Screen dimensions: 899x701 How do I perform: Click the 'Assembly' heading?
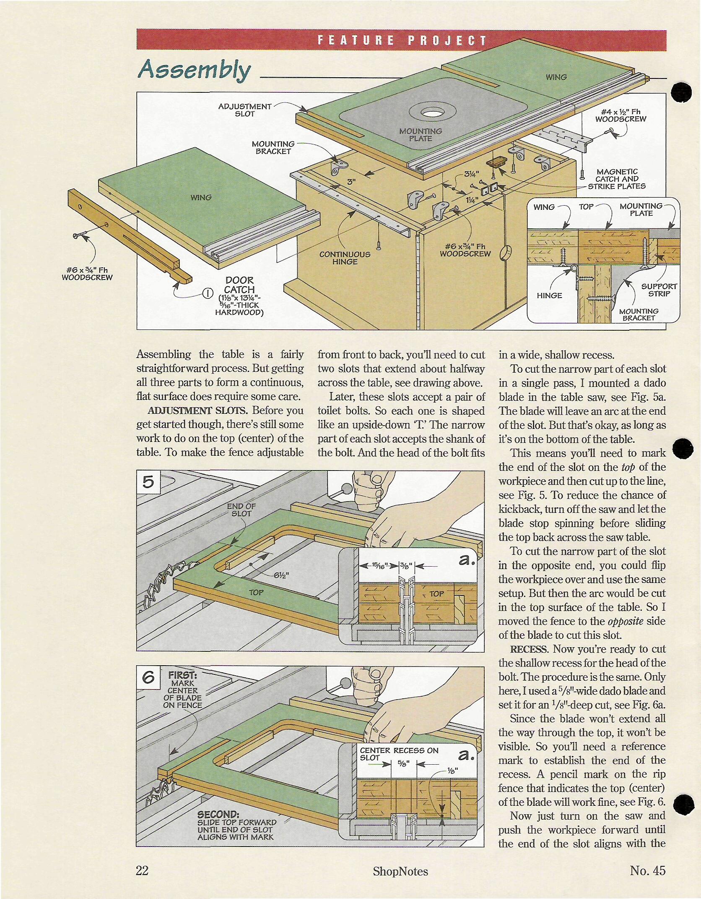click(x=194, y=70)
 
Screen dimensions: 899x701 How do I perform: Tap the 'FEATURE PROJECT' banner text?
click(x=402, y=40)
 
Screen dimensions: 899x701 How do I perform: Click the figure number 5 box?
click(x=148, y=482)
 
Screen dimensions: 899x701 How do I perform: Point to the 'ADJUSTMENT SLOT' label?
click(x=245, y=110)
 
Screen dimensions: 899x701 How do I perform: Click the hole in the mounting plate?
click(x=432, y=112)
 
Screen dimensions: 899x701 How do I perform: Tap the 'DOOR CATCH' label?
click(x=239, y=285)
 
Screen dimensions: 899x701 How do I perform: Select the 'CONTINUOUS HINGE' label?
click(x=345, y=258)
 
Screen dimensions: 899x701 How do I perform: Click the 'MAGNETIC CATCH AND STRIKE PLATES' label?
click(x=617, y=179)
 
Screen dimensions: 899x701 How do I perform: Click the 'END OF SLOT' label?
click(x=241, y=510)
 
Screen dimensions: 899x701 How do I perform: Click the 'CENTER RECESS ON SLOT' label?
click(x=398, y=754)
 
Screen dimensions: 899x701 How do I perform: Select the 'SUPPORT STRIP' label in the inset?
click(x=659, y=290)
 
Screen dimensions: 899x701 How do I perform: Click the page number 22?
click(x=143, y=871)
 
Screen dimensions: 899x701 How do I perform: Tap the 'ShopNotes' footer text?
click(x=400, y=872)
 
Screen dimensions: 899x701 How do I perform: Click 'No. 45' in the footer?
click(x=647, y=871)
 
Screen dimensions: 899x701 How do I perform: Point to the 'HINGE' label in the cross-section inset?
click(x=549, y=295)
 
